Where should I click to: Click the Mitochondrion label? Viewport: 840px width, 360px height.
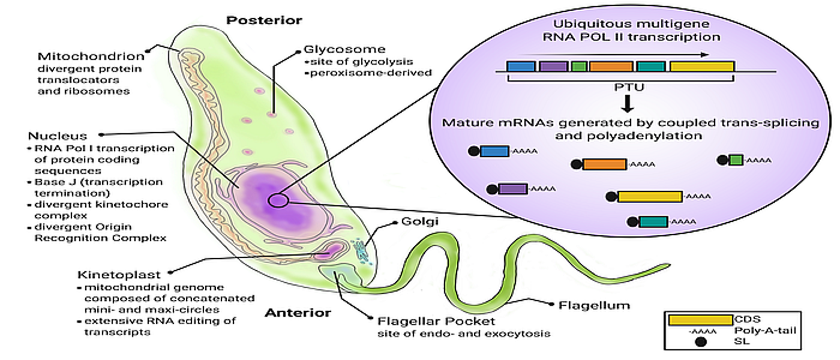91,57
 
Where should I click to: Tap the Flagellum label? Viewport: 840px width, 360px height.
594,305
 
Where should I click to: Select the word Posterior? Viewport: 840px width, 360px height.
264,20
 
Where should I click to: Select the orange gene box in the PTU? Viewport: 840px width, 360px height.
610,66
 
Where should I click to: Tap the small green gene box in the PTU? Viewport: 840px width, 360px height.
579,66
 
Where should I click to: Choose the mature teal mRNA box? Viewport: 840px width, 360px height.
653,221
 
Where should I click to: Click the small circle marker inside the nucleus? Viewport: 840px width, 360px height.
278,200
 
